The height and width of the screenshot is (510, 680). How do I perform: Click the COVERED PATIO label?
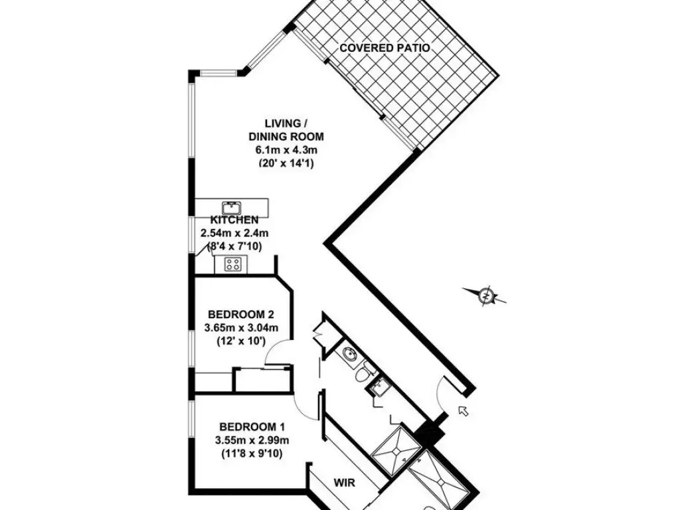[384, 48]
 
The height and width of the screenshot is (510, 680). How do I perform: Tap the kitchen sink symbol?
[231, 207]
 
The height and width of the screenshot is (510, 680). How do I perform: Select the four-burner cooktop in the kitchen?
[232, 265]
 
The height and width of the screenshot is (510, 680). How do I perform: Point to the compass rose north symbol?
[487, 294]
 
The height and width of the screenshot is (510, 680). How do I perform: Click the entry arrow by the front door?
[464, 410]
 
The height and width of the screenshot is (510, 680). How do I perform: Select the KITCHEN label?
[234, 220]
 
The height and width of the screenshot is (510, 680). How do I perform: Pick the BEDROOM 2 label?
[241, 315]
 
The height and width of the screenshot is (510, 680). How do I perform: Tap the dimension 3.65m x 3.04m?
[242, 328]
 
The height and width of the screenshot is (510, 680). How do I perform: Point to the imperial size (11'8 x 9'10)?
[252, 454]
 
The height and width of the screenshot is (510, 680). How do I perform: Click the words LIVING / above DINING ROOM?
[286, 123]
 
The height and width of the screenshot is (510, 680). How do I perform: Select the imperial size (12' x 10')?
[242, 341]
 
